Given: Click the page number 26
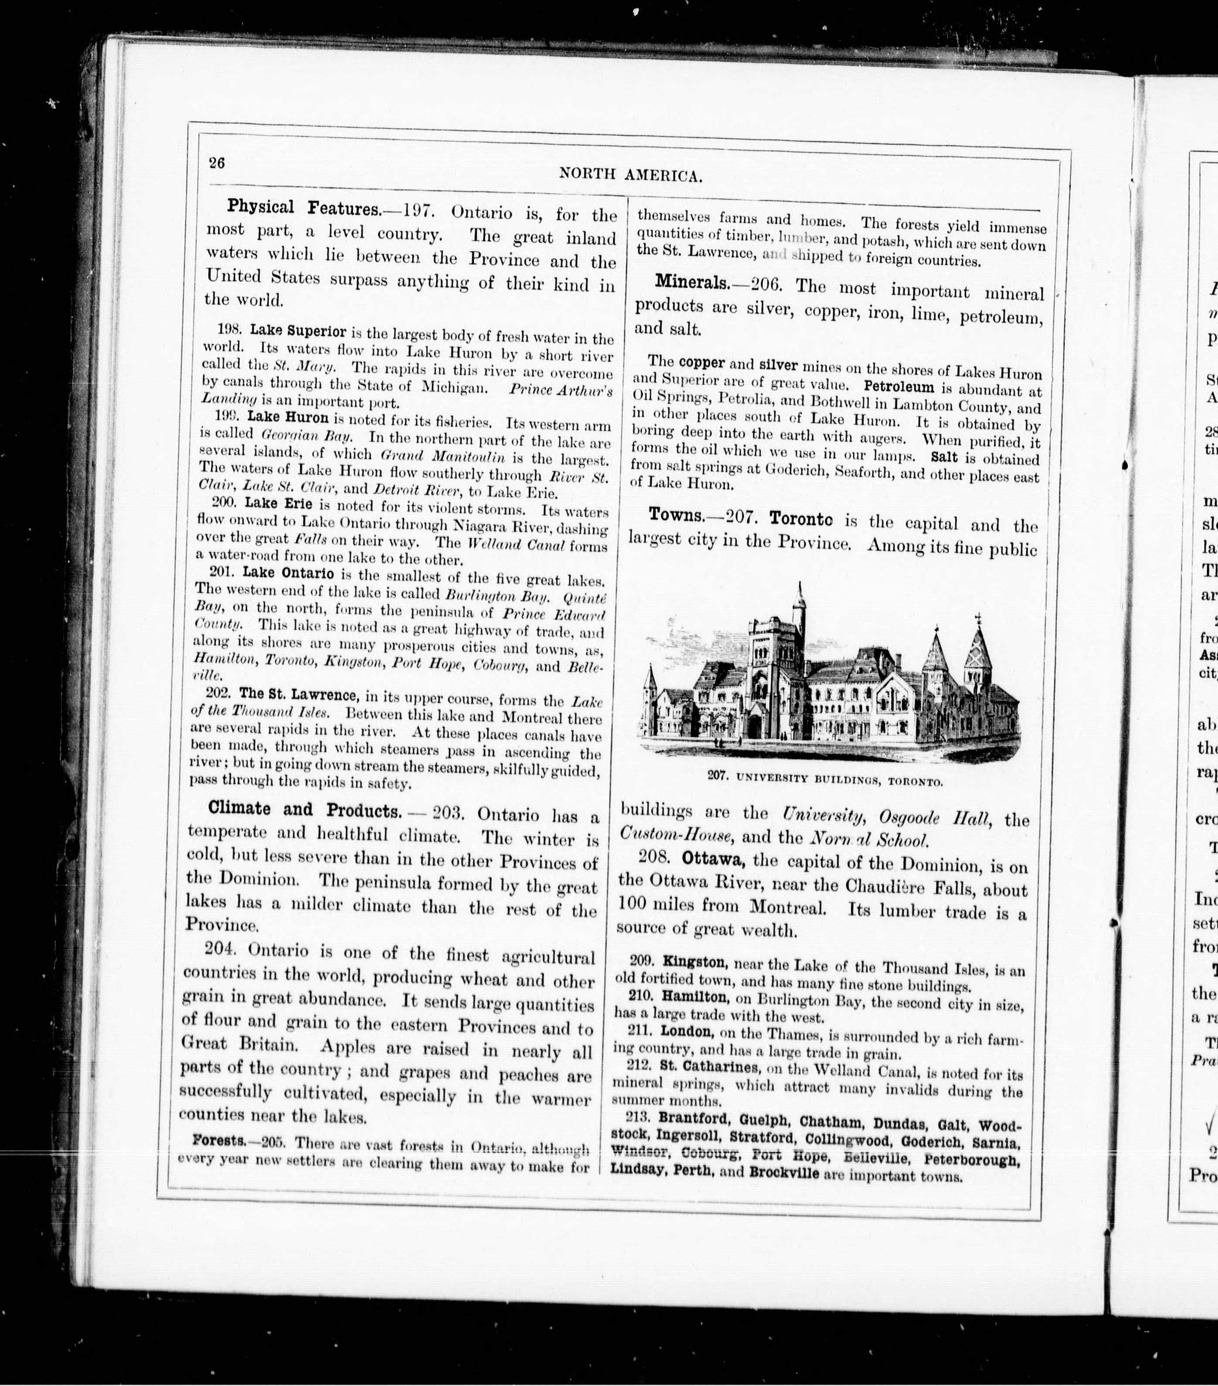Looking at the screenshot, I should coord(217,163).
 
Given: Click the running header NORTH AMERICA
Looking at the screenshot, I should coord(630,175).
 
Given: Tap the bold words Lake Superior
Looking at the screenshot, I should coord(298,332).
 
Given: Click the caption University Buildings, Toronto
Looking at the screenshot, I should coord(825,780).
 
